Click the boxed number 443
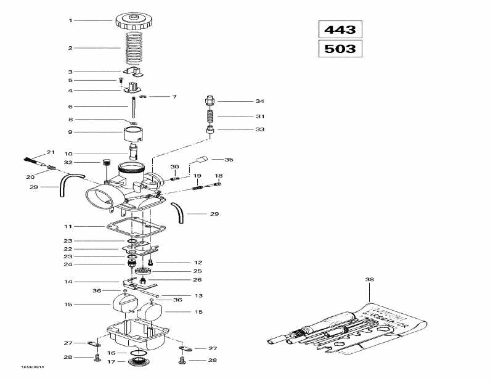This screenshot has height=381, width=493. point(341,29)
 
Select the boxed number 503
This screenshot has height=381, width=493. point(341,48)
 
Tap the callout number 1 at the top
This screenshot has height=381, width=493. point(70,20)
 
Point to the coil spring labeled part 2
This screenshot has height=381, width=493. point(133,48)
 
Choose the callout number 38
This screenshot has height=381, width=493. point(370,279)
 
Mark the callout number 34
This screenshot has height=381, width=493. point(259,101)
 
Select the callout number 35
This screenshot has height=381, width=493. point(229,159)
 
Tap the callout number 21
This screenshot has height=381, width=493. point(51,152)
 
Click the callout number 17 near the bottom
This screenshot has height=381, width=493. point(112,362)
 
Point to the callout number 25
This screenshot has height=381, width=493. point(198,271)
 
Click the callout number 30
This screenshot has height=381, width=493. point(174,167)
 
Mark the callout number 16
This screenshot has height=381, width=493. point(112,353)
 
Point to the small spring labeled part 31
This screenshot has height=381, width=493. point(210,115)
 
